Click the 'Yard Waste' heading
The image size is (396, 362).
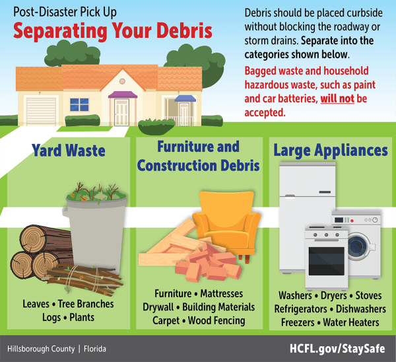click(x=68, y=151)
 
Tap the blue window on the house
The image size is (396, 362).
click(x=79, y=104)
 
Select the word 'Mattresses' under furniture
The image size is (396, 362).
click(x=221, y=293)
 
